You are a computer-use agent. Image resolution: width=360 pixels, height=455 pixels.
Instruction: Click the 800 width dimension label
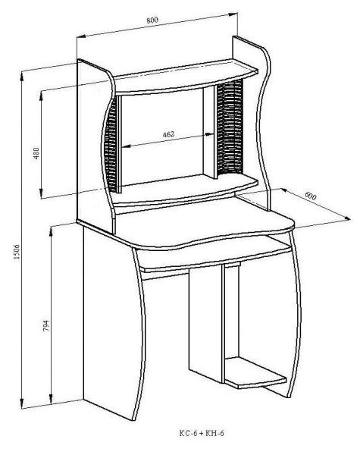point(152,20)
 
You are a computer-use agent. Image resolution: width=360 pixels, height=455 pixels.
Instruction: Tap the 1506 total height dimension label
point(17,252)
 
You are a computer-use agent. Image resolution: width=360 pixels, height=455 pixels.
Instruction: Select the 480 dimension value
point(36,153)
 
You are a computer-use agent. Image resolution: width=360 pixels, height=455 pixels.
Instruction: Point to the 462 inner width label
point(168,134)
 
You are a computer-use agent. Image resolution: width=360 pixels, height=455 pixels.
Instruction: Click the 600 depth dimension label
point(311,196)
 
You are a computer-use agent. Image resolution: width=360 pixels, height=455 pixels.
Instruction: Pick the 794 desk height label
point(45,325)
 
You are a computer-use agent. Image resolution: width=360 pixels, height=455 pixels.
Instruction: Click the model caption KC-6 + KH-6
point(202,433)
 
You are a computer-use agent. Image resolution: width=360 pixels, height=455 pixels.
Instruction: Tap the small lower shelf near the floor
point(255,373)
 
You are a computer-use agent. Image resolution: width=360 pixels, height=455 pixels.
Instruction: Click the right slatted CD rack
point(230,127)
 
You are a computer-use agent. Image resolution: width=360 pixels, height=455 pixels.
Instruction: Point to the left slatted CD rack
point(111,143)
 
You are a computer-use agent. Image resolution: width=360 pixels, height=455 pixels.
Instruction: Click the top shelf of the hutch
point(186,77)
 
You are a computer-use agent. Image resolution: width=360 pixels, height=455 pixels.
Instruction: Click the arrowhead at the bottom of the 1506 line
point(22,403)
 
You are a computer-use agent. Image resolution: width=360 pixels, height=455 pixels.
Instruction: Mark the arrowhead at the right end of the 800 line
point(233,14)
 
